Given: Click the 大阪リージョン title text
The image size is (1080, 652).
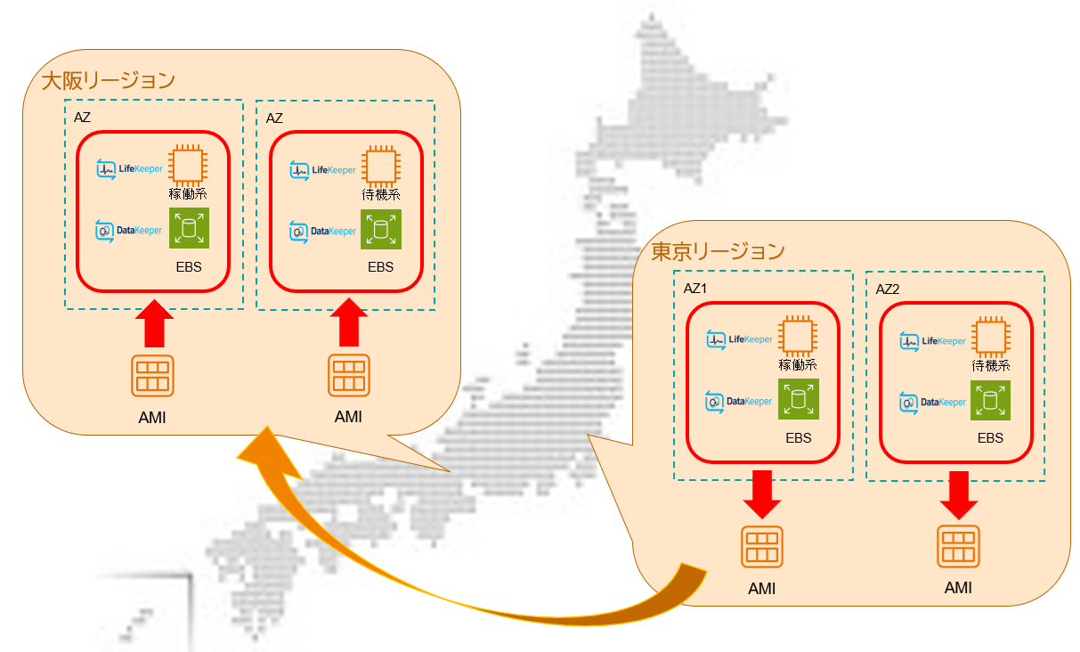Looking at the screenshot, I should click(108, 80).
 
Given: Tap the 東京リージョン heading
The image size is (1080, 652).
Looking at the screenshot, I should click(718, 252).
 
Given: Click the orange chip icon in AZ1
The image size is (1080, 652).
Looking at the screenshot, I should click(799, 338).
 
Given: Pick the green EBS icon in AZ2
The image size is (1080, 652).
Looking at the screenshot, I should click(991, 401).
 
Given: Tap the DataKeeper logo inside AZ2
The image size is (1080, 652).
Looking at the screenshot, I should click(932, 402).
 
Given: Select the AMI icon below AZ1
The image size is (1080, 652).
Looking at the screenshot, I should click(761, 546).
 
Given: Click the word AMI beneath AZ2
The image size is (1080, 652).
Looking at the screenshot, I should click(958, 588).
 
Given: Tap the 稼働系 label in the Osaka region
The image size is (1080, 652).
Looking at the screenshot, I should click(188, 193).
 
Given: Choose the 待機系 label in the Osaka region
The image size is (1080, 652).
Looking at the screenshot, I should click(381, 193).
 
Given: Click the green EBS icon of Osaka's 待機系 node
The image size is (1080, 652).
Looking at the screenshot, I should click(380, 230).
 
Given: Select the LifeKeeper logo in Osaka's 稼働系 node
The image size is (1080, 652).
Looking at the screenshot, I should click(129, 167).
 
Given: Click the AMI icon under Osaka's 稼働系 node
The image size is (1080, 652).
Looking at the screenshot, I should click(152, 377).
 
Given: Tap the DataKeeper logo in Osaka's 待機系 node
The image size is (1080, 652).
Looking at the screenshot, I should click(322, 232).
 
